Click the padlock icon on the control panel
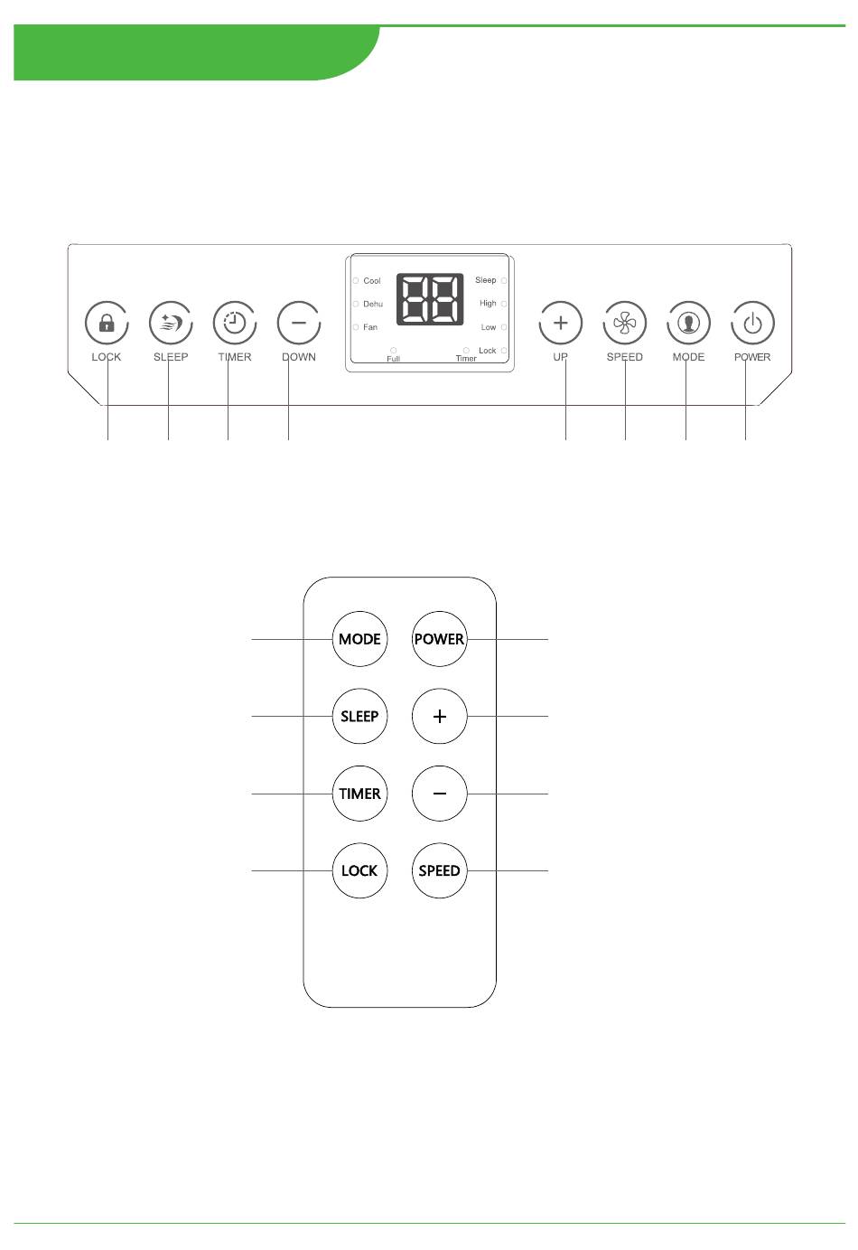(107, 323)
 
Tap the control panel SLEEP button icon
(171, 323)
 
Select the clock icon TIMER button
(235, 323)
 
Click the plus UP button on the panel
(561, 323)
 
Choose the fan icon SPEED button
(625, 323)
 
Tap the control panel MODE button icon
(689, 323)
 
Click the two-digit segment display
(430, 299)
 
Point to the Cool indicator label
(371, 281)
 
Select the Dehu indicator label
(372, 304)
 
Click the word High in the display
(488, 304)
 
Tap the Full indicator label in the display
(393, 359)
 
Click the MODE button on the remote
(359, 639)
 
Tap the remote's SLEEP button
(359, 717)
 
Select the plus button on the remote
(440, 717)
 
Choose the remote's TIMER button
(359, 794)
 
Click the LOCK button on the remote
(359, 870)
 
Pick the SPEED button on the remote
(440, 870)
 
